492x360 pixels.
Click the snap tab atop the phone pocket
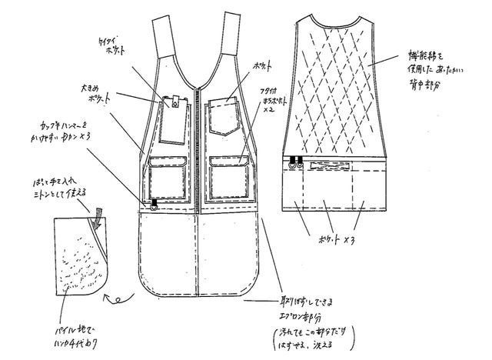[173, 99]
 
